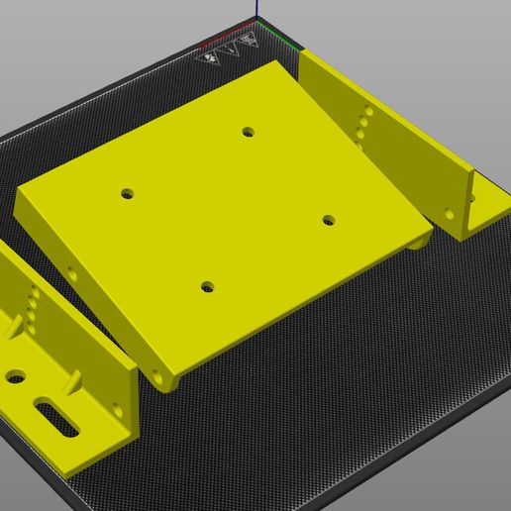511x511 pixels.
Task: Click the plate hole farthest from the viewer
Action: pyautogui.click(x=248, y=131)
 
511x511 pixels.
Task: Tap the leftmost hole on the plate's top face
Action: pyautogui.click(x=127, y=193)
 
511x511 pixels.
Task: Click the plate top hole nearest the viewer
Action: pyautogui.click(x=207, y=287)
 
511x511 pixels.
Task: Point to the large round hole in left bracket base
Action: pyautogui.click(x=16, y=377)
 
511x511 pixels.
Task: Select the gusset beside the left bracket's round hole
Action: pyautogui.click(x=17, y=326)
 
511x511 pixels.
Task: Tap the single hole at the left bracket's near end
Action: pyautogui.click(x=118, y=409)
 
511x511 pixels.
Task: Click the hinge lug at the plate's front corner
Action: pyautogui.click(x=165, y=378)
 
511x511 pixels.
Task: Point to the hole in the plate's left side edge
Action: pyautogui.click(x=72, y=274)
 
